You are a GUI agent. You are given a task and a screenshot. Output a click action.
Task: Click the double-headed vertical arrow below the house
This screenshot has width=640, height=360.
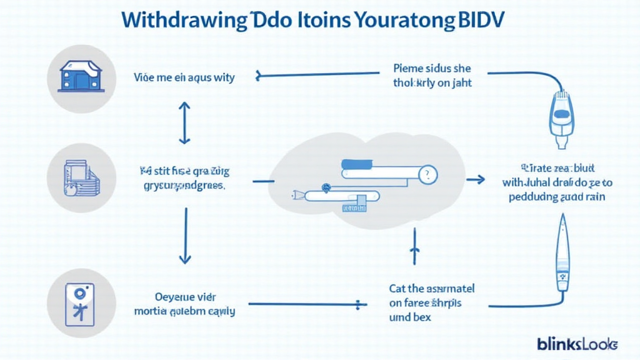[x=184, y=123]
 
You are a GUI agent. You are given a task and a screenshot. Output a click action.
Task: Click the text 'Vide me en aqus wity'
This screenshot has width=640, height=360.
[x=184, y=78]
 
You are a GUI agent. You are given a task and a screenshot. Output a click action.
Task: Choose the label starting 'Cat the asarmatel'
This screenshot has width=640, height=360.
[x=431, y=289]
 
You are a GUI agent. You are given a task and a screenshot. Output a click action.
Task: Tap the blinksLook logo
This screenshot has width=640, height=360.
[x=577, y=343]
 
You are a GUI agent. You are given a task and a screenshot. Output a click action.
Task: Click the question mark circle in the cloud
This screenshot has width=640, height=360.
[x=427, y=174]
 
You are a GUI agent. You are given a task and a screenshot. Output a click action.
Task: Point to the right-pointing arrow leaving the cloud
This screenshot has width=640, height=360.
[x=476, y=180]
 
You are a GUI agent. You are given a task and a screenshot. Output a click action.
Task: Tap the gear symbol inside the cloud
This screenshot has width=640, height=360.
[x=325, y=186]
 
